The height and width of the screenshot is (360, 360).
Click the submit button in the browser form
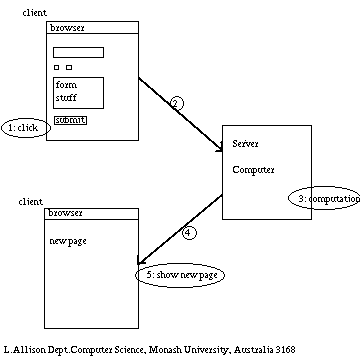click(x=70, y=120)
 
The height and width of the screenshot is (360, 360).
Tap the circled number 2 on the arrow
click(x=176, y=103)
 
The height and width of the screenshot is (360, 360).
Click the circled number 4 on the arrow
click(x=190, y=233)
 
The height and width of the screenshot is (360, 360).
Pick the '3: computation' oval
click(x=324, y=199)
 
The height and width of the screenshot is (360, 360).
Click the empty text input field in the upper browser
click(x=78, y=52)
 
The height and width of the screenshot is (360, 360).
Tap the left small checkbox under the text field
click(x=56, y=68)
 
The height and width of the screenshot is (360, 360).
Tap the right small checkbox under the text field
click(x=69, y=68)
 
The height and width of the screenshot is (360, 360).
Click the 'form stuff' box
click(x=78, y=92)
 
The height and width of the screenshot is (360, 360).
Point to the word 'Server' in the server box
click(x=245, y=144)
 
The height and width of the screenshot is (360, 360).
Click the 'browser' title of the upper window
click(x=66, y=30)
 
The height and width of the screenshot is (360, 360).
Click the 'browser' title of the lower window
click(x=66, y=213)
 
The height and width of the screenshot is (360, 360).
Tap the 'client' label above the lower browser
click(x=31, y=202)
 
